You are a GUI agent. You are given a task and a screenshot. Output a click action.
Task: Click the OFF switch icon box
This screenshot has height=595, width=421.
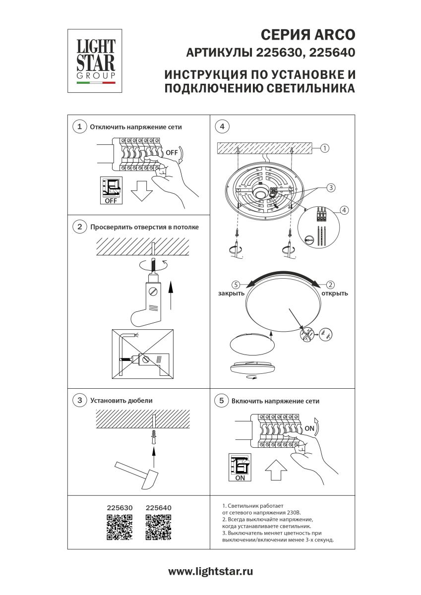111,190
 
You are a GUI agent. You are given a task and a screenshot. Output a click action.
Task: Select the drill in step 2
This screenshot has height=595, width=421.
149,298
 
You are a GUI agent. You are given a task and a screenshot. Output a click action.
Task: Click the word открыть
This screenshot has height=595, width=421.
335,293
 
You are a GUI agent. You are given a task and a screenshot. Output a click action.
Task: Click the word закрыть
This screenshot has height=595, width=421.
231,293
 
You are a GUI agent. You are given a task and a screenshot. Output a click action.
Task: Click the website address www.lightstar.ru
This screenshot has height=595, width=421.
211,572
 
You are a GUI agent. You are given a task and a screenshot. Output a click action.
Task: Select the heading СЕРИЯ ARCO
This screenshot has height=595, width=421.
307,35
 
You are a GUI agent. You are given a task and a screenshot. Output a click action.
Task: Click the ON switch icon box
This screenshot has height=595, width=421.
240,467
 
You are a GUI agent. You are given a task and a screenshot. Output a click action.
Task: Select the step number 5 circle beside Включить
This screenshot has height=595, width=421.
222,401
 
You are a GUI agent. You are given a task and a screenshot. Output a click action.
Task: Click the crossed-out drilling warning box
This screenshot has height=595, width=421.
143,354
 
